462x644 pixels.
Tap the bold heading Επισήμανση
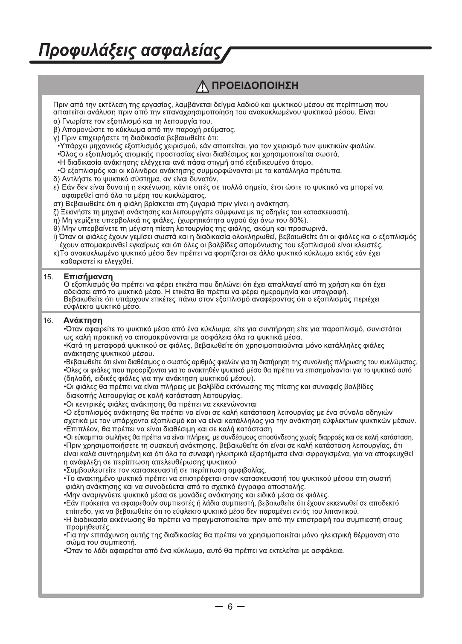[x=88, y=277]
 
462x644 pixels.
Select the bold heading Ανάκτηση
[x=83, y=320]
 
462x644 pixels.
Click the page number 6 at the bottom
[x=230, y=607]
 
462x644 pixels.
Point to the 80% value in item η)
[x=298, y=220]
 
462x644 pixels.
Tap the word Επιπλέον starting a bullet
[x=79, y=429]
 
